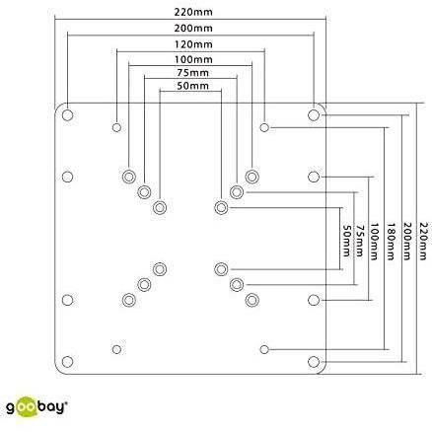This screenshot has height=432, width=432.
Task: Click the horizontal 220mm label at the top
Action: pyautogui.click(x=193, y=12)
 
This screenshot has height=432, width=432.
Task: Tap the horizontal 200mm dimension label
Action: pyautogui.click(x=193, y=29)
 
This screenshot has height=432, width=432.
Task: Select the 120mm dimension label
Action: pyautogui.click(x=193, y=44)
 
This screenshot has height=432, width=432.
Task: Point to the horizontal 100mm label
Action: pyautogui.click(x=193, y=59)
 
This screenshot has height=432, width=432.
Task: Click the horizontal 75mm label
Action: pyautogui.click(x=193, y=72)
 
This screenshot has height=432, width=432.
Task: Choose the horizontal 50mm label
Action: pyautogui.click(x=193, y=86)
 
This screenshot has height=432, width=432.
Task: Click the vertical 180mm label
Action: pyautogui.click(x=391, y=242)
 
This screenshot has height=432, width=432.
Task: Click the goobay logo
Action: pyautogui.click(x=37, y=407)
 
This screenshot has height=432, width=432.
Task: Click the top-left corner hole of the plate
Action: pyautogui.click(x=67, y=115)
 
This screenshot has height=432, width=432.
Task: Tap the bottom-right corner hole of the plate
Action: pyautogui.click(x=314, y=362)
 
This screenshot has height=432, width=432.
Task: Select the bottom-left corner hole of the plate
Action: pyautogui.click(x=67, y=362)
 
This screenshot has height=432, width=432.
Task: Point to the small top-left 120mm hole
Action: pyautogui.click(x=116, y=127)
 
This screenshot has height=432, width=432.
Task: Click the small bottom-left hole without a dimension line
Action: pyautogui.click(x=116, y=349)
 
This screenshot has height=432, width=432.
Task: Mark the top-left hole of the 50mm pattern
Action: pyautogui.click(x=160, y=208)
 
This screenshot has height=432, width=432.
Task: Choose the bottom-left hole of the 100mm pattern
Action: pyautogui.click(x=129, y=300)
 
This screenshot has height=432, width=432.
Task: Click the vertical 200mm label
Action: pyautogui.click(x=407, y=242)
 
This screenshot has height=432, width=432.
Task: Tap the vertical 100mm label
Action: pyautogui.click(x=375, y=242)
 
